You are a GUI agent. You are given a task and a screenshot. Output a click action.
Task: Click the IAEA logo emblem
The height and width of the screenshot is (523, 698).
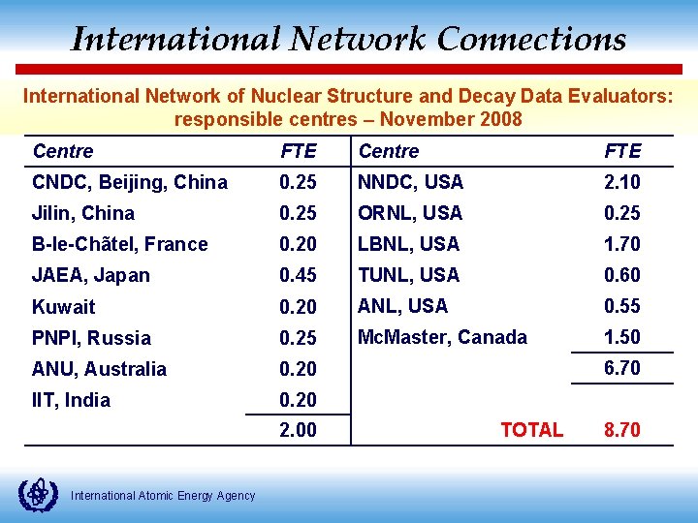click(39, 493)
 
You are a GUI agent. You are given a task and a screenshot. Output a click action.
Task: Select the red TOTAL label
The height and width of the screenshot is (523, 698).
click(531, 430)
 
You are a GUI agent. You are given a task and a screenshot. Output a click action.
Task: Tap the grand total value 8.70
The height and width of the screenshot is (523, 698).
click(621, 430)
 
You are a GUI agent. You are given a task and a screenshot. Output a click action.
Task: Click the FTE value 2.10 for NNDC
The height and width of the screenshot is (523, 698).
click(621, 182)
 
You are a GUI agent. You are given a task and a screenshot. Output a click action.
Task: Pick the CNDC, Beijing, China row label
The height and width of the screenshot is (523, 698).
click(130, 182)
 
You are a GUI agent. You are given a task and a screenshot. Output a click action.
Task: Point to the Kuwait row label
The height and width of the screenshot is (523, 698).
click(64, 307)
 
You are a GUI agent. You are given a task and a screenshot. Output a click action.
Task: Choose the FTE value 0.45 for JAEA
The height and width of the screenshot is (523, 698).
click(298, 275)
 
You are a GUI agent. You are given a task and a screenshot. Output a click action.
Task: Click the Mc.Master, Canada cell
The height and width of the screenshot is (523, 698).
click(442, 337)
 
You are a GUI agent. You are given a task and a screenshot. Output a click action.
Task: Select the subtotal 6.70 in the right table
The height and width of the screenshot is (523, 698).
click(621, 368)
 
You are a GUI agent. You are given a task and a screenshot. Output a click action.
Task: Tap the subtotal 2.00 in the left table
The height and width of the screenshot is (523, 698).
click(298, 430)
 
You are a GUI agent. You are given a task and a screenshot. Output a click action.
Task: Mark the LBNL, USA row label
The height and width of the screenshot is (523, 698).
click(408, 244)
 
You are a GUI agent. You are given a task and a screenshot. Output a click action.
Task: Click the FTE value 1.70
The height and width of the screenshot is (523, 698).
click(621, 244)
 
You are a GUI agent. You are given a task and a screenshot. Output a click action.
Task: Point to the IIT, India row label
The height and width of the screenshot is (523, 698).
click(71, 400)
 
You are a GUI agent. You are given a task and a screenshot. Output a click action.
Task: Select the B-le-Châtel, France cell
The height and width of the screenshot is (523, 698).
click(120, 244)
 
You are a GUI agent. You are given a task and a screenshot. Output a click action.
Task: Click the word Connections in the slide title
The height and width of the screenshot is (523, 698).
click(531, 39)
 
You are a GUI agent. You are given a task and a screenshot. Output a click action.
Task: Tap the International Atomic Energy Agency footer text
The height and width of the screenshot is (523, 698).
click(164, 496)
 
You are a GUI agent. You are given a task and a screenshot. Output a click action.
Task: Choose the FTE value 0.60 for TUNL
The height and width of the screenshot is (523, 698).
click(621, 275)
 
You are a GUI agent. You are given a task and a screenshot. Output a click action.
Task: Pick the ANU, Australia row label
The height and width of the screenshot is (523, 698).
click(99, 369)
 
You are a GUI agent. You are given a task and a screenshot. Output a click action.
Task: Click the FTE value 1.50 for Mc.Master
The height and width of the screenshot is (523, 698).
click(621, 337)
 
